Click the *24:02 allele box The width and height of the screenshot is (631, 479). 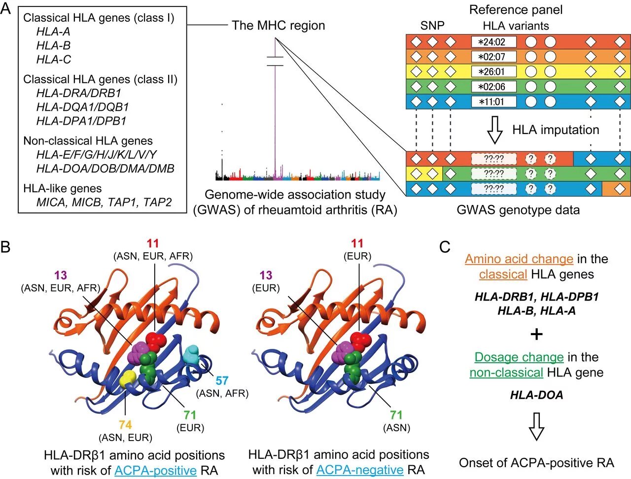click(x=493, y=42)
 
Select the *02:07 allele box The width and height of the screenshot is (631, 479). click(x=493, y=57)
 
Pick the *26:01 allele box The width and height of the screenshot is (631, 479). click(x=493, y=71)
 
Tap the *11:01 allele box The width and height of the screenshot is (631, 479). click(x=493, y=102)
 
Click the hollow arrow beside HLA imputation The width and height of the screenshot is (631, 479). click(x=494, y=130)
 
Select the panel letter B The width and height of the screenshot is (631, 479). click(x=6, y=246)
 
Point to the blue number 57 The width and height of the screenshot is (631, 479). click(x=222, y=381)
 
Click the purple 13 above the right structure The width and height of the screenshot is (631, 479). click(x=266, y=275)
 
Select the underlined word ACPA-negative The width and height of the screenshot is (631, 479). click(x=359, y=470)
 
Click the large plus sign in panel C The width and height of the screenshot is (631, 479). click(x=536, y=335)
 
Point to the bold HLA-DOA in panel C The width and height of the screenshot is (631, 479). click(x=536, y=395)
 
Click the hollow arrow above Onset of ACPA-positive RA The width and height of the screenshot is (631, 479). click(x=536, y=426)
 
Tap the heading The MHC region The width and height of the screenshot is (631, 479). click(x=279, y=26)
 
